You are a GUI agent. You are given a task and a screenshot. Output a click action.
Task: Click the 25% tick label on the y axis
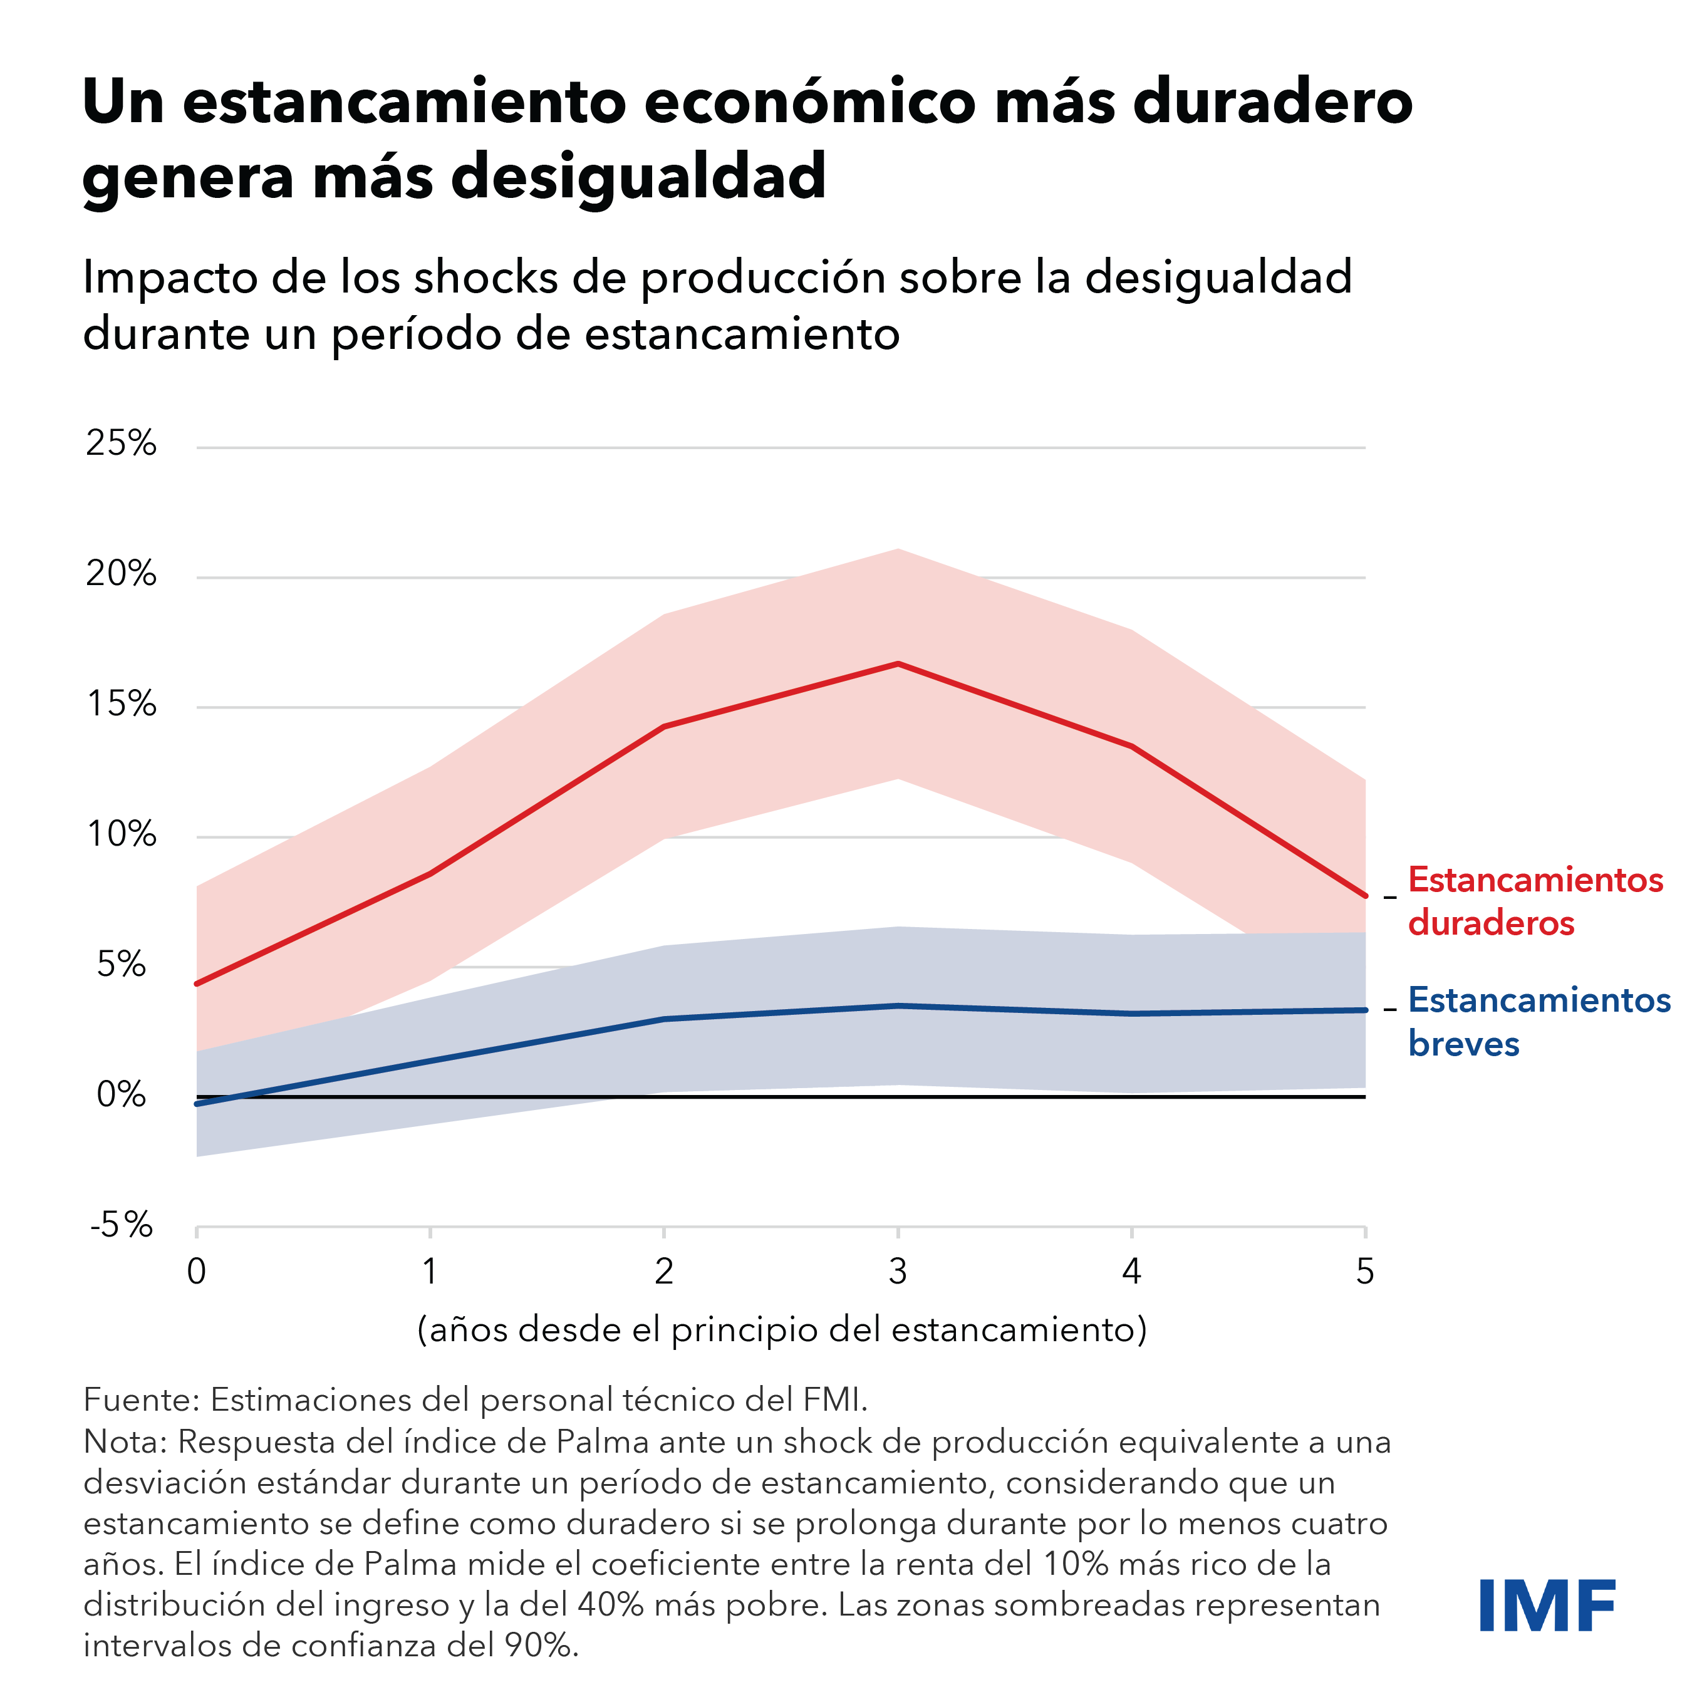point(122,444)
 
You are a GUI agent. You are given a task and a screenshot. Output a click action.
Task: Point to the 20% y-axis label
point(122,574)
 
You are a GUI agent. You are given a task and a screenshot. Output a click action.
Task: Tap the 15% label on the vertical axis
point(122,705)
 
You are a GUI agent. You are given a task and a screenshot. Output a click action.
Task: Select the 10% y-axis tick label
point(122,834)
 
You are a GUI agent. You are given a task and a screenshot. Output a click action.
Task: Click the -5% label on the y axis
point(122,1225)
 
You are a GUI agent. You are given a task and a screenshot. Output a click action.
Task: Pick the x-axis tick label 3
point(897,1271)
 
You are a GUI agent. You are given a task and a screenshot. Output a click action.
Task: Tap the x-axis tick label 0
point(197,1271)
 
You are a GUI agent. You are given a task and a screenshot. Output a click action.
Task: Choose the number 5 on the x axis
point(1364,1271)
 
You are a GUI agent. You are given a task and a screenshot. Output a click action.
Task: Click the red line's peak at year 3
point(898,664)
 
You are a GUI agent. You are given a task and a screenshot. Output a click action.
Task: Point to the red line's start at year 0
point(197,983)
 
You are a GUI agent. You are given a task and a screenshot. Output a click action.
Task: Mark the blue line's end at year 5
point(1365,1010)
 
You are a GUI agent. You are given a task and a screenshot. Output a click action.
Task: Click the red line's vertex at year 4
point(1131,747)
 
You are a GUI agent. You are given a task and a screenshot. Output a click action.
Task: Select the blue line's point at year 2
point(664,1019)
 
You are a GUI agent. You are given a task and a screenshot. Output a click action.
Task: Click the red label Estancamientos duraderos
point(1535,901)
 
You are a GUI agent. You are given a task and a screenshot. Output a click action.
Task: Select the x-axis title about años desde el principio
point(782,1330)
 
